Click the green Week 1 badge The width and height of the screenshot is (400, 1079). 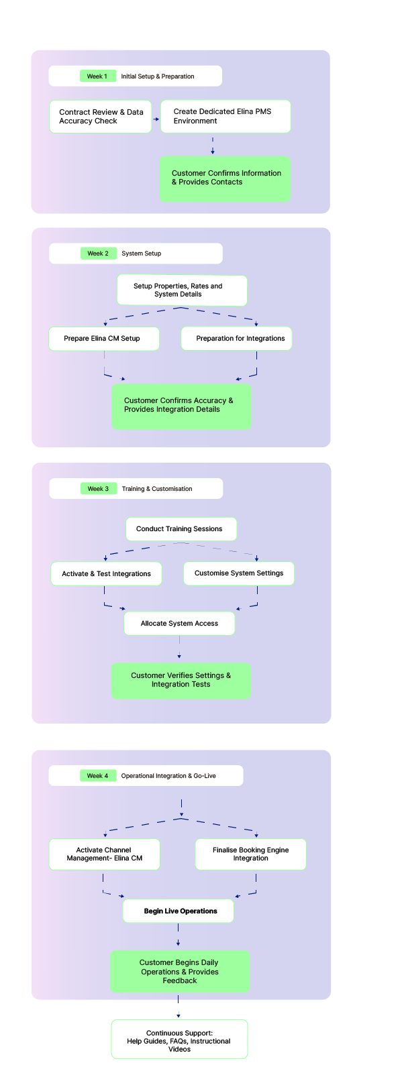(98, 76)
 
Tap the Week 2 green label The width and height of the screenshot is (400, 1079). (98, 253)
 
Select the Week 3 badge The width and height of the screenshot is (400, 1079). (98, 488)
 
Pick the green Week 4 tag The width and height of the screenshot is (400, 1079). (98, 775)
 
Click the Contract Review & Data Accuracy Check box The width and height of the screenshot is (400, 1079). (100, 117)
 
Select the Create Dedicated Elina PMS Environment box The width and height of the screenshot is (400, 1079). (226, 116)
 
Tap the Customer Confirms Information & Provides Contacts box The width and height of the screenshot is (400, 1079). (225, 178)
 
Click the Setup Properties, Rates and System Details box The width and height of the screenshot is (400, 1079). (182, 290)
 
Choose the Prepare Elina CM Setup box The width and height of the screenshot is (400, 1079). (104, 339)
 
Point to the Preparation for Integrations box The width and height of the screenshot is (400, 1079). (237, 339)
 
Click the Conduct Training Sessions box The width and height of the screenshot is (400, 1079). (181, 529)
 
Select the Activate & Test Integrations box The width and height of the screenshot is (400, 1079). (106, 573)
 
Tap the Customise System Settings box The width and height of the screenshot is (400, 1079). (239, 573)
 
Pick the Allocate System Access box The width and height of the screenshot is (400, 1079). (179, 623)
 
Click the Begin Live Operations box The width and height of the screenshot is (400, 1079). (179, 911)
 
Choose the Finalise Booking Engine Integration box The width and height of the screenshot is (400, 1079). (250, 854)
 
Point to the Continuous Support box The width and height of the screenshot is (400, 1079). (180, 1039)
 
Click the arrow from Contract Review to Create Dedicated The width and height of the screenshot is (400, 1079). (156, 119)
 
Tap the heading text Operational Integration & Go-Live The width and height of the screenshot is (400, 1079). (168, 776)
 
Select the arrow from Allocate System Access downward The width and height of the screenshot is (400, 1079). (179, 647)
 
